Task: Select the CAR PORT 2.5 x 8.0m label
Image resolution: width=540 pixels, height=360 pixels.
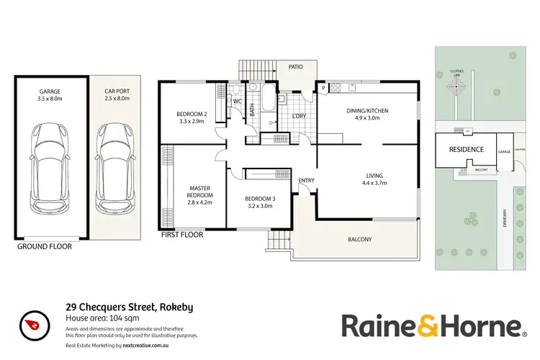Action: tap(116, 95)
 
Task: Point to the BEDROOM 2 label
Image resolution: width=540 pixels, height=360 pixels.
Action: tap(192, 117)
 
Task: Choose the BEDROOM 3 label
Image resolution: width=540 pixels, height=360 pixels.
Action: tap(259, 202)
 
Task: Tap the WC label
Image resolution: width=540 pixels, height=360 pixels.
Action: tap(237, 102)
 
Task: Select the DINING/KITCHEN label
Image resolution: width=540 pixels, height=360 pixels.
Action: tap(367, 114)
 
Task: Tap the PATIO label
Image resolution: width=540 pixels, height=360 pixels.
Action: tap(295, 67)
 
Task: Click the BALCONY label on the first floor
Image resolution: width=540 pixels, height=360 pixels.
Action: tap(360, 239)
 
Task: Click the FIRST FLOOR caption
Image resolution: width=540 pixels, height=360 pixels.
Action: tap(181, 235)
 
